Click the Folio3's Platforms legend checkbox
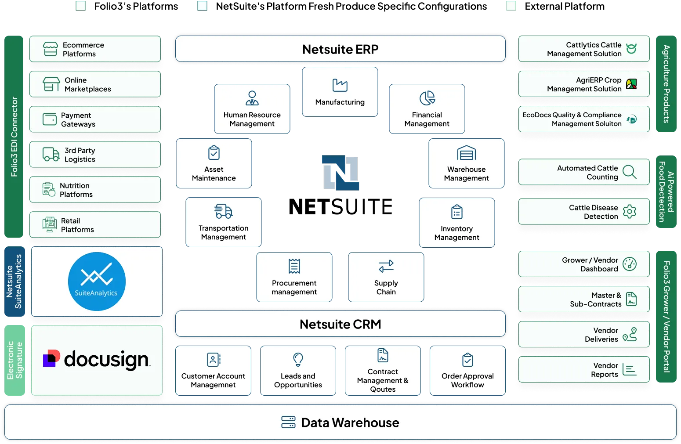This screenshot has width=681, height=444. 80,6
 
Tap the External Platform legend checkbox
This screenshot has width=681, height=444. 511,6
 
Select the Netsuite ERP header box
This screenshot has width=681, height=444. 340,49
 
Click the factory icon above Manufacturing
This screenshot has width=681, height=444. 340,85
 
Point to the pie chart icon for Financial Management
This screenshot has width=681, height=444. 427,98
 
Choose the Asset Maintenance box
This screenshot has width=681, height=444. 214,163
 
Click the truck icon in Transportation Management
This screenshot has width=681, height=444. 224,211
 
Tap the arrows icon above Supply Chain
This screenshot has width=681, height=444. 386,266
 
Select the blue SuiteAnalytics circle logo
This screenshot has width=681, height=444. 97,282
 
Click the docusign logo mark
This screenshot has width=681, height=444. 51,358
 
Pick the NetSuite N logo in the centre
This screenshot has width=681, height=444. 340,173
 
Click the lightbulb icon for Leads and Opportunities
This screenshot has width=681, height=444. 298,360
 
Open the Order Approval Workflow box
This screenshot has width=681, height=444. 467,371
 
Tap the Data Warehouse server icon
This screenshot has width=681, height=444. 288,422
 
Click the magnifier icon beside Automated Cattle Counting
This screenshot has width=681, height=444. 630,172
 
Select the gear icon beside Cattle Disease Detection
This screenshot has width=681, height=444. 629,212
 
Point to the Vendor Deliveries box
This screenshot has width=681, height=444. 584,334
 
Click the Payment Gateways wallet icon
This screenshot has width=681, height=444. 50,119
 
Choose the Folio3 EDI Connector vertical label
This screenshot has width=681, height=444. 14,137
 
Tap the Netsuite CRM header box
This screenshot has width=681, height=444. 340,324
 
